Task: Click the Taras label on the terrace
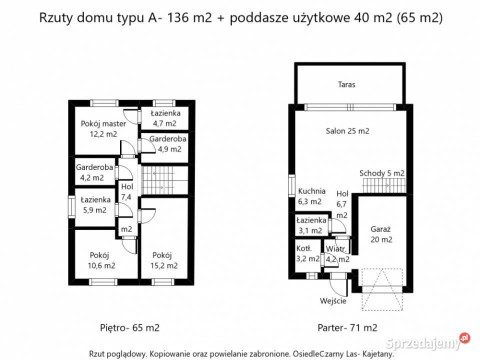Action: tap(346, 84)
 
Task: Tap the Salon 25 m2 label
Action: tap(347, 131)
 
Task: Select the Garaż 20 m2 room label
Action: tap(381, 234)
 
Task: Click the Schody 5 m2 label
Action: tap(381, 173)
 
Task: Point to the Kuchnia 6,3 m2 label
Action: tap(311, 196)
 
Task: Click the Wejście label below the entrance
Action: tap(333, 301)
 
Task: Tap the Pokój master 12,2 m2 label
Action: tap(103, 128)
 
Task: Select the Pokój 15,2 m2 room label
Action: tap(165, 259)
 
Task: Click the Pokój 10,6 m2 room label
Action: tap(102, 259)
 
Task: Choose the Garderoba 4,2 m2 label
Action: tap(94, 172)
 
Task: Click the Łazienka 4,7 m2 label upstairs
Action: tap(165, 118)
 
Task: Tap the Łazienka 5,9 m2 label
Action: tap(95, 205)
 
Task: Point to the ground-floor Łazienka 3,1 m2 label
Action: tap(310, 225)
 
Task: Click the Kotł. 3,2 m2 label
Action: tap(306, 253)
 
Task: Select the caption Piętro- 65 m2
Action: tap(129, 328)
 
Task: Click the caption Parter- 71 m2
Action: tap(347, 328)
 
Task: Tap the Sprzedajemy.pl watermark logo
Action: tap(428, 343)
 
